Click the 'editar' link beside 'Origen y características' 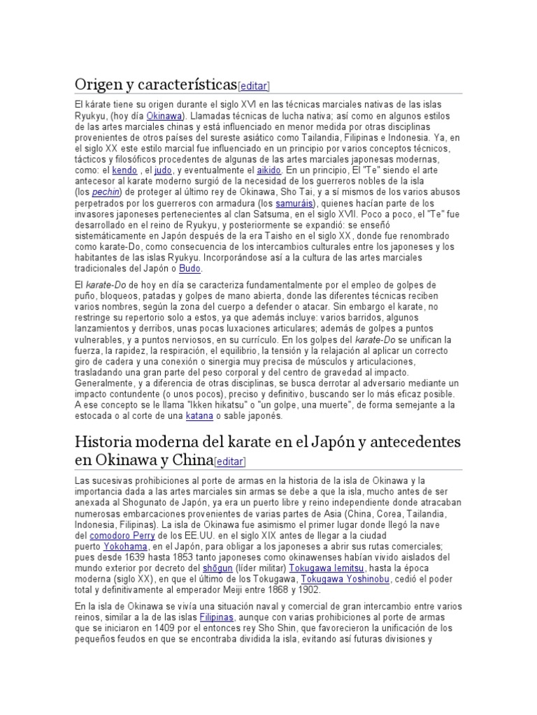tap(254, 87)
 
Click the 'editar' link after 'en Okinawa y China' tap(230, 462)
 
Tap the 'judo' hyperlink tap(163, 170)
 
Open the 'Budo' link tap(190, 268)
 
